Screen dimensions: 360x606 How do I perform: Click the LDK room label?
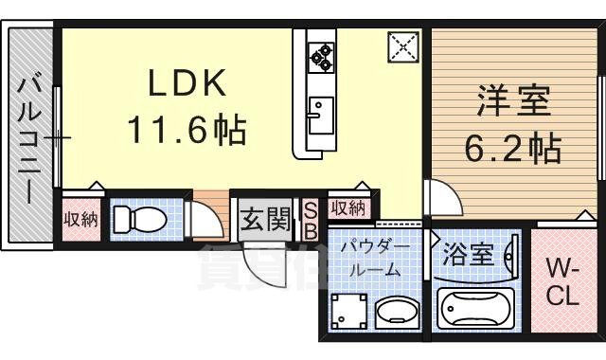[x=187, y=85]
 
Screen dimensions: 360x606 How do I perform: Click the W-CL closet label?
[x=561, y=282]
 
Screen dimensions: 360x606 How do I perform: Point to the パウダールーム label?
[x=375, y=258]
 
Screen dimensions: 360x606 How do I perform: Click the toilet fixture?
[x=138, y=220]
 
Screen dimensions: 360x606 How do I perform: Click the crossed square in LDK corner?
[x=402, y=45]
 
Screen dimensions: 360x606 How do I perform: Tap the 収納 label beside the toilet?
[x=80, y=220]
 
